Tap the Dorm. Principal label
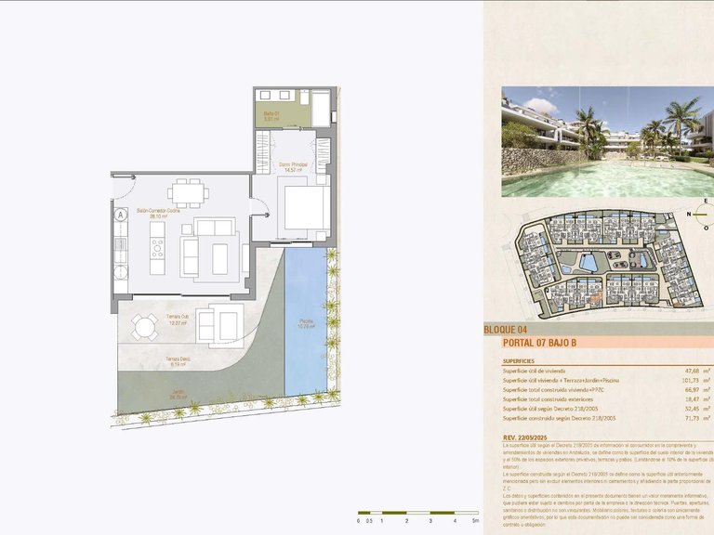[294, 167]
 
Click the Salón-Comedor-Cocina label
[159, 212]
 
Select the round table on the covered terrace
[143, 326]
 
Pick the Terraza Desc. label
[178, 362]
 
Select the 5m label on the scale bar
[474, 521]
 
